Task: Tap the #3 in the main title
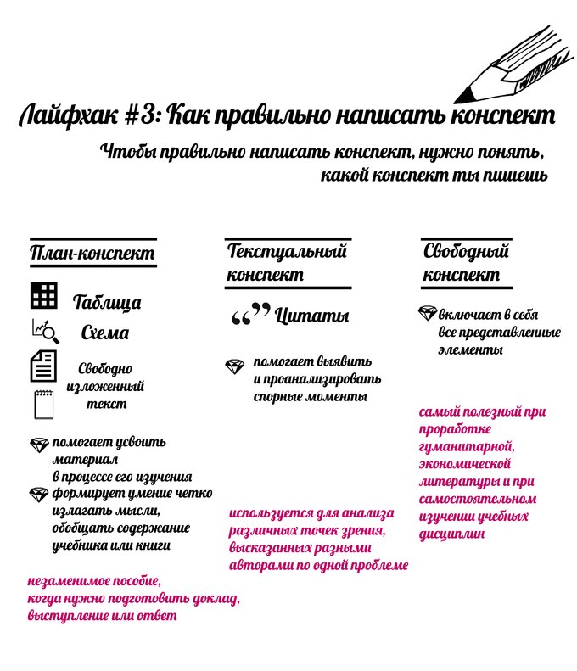[x=148, y=116]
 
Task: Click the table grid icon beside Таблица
[x=43, y=295]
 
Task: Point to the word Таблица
[x=107, y=303]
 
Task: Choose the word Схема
[x=105, y=333]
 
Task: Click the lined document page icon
[x=43, y=366]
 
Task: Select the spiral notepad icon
[x=43, y=403]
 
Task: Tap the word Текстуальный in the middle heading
[x=287, y=251]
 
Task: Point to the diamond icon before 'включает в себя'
[x=428, y=313]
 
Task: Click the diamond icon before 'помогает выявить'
[x=235, y=365]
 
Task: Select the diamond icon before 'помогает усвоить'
[x=39, y=444]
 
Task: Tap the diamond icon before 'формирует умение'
[x=39, y=494]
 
